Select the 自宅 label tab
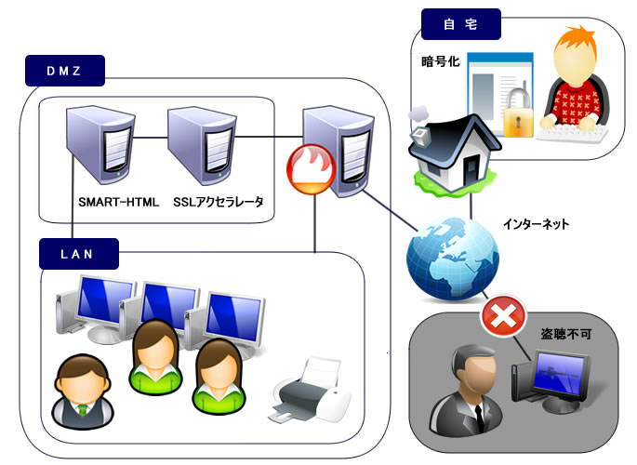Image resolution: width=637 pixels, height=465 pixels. (461, 24)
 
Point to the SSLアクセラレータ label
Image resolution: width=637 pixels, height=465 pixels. (219, 201)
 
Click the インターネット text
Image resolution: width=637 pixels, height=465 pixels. (536, 224)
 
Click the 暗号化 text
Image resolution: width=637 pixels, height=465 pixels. (440, 66)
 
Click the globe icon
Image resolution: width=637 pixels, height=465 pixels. (445, 256)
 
